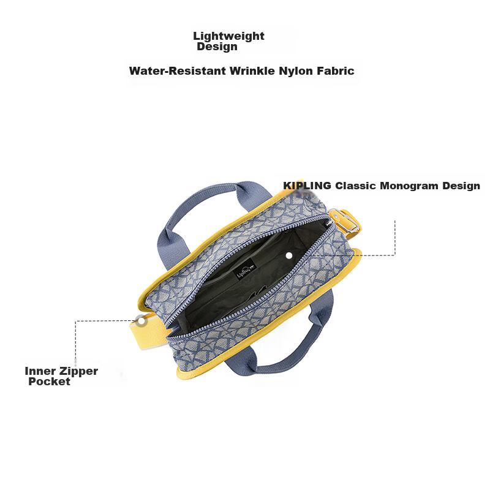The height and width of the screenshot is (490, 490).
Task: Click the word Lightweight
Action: tap(228, 37)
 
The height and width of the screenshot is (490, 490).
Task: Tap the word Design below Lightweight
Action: tap(217, 47)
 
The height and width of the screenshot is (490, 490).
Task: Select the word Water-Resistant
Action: tap(178, 70)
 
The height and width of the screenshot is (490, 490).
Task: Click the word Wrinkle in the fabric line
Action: tap(252, 70)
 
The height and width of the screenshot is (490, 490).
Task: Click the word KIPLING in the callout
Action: tap(307, 186)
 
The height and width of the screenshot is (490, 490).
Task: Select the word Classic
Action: tap(355, 186)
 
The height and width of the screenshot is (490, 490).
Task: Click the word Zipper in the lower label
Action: tap(78, 372)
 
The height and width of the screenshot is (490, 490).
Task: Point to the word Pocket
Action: tap(49, 381)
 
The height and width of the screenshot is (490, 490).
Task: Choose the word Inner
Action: tap(40, 371)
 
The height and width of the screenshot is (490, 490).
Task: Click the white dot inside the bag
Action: tap(289, 255)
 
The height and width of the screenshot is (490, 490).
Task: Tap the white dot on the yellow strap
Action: tap(141, 320)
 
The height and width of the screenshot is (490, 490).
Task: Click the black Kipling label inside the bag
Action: tap(245, 269)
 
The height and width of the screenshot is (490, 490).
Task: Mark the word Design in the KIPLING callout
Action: tap(461, 186)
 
